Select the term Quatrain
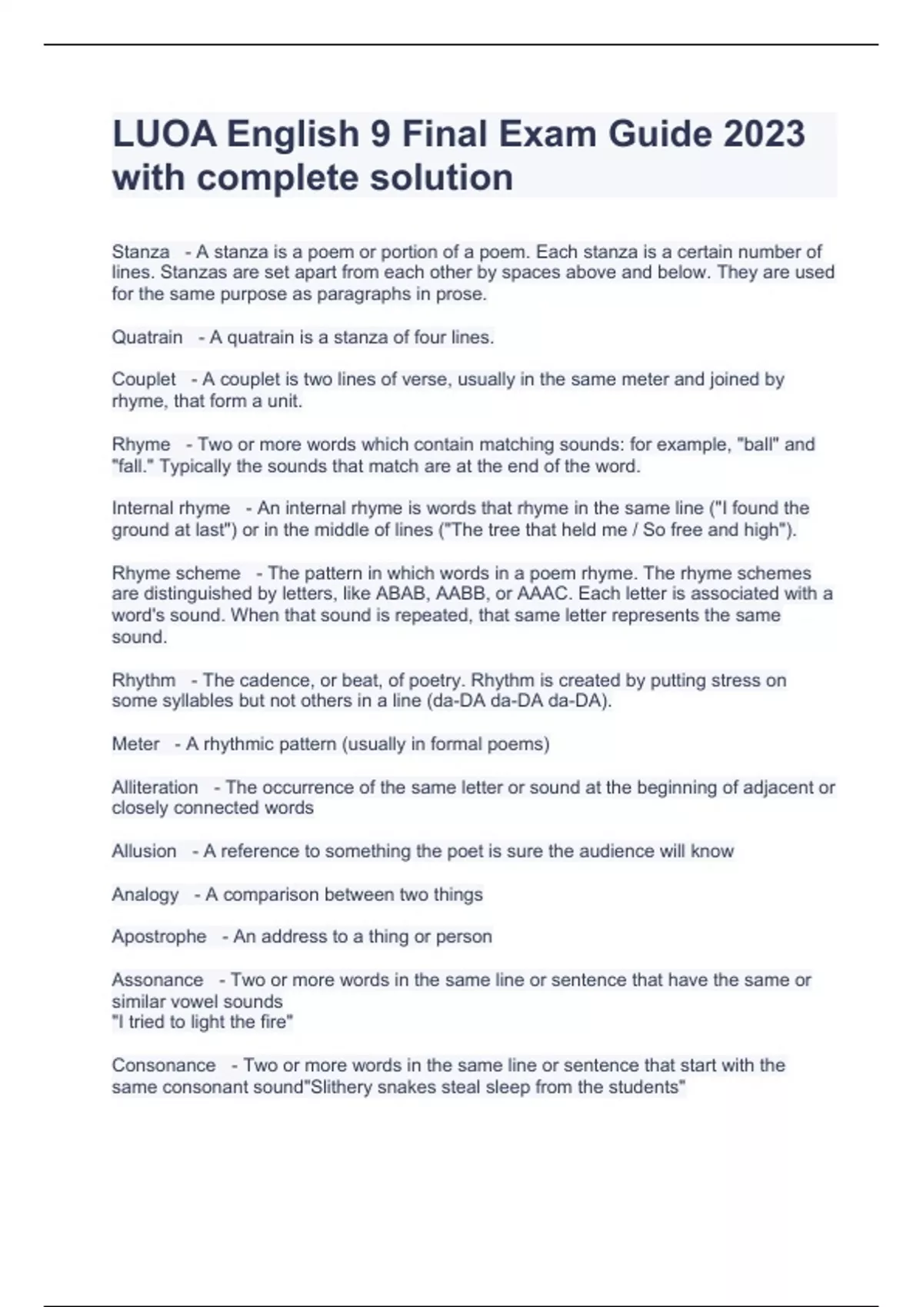[x=147, y=337]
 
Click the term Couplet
[x=144, y=379]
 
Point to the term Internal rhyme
[x=171, y=508]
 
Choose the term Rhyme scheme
[x=176, y=573]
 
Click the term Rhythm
[x=143, y=680]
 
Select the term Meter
[x=135, y=744]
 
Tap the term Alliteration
[x=155, y=787]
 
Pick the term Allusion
[x=144, y=851]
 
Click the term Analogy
[x=145, y=894]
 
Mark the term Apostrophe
[x=159, y=936]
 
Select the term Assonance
[x=157, y=979]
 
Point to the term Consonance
[x=163, y=1066]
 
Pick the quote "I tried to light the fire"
[x=203, y=1022]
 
